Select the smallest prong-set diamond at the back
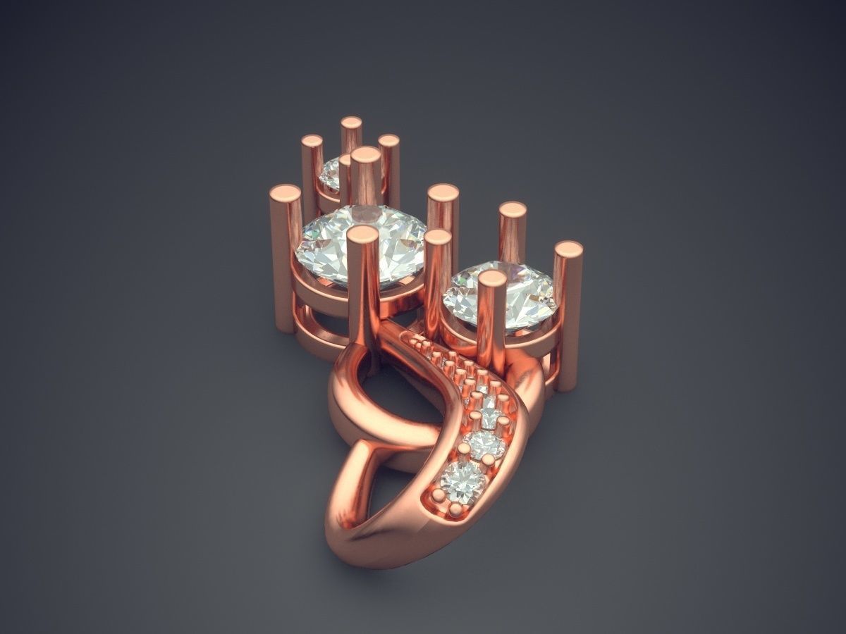pos(330,170)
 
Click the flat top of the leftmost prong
pos(286,192)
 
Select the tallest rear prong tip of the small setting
pos(351,123)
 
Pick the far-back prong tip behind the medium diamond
pos(513,209)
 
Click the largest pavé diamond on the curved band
pos(461,480)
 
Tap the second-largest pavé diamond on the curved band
pos(484,444)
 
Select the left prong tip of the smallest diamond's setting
pos(311,141)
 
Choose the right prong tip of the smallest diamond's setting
pos(388,141)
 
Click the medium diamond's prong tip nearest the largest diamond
pos(438,237)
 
